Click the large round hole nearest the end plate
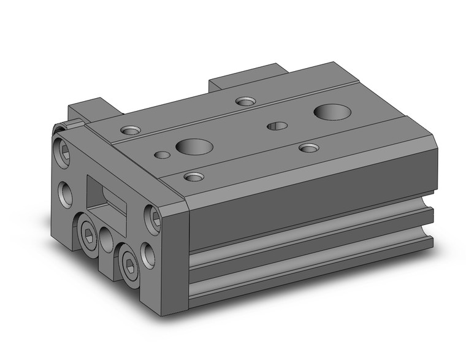coord(194,147)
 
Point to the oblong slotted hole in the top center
coord(277,126)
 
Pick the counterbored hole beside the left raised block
coord(130,130)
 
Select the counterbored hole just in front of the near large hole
coord(194,177)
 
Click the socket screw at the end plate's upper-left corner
coord(66,149)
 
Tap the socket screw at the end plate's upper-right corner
coord(154,216)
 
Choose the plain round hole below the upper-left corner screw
coord(66,193)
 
